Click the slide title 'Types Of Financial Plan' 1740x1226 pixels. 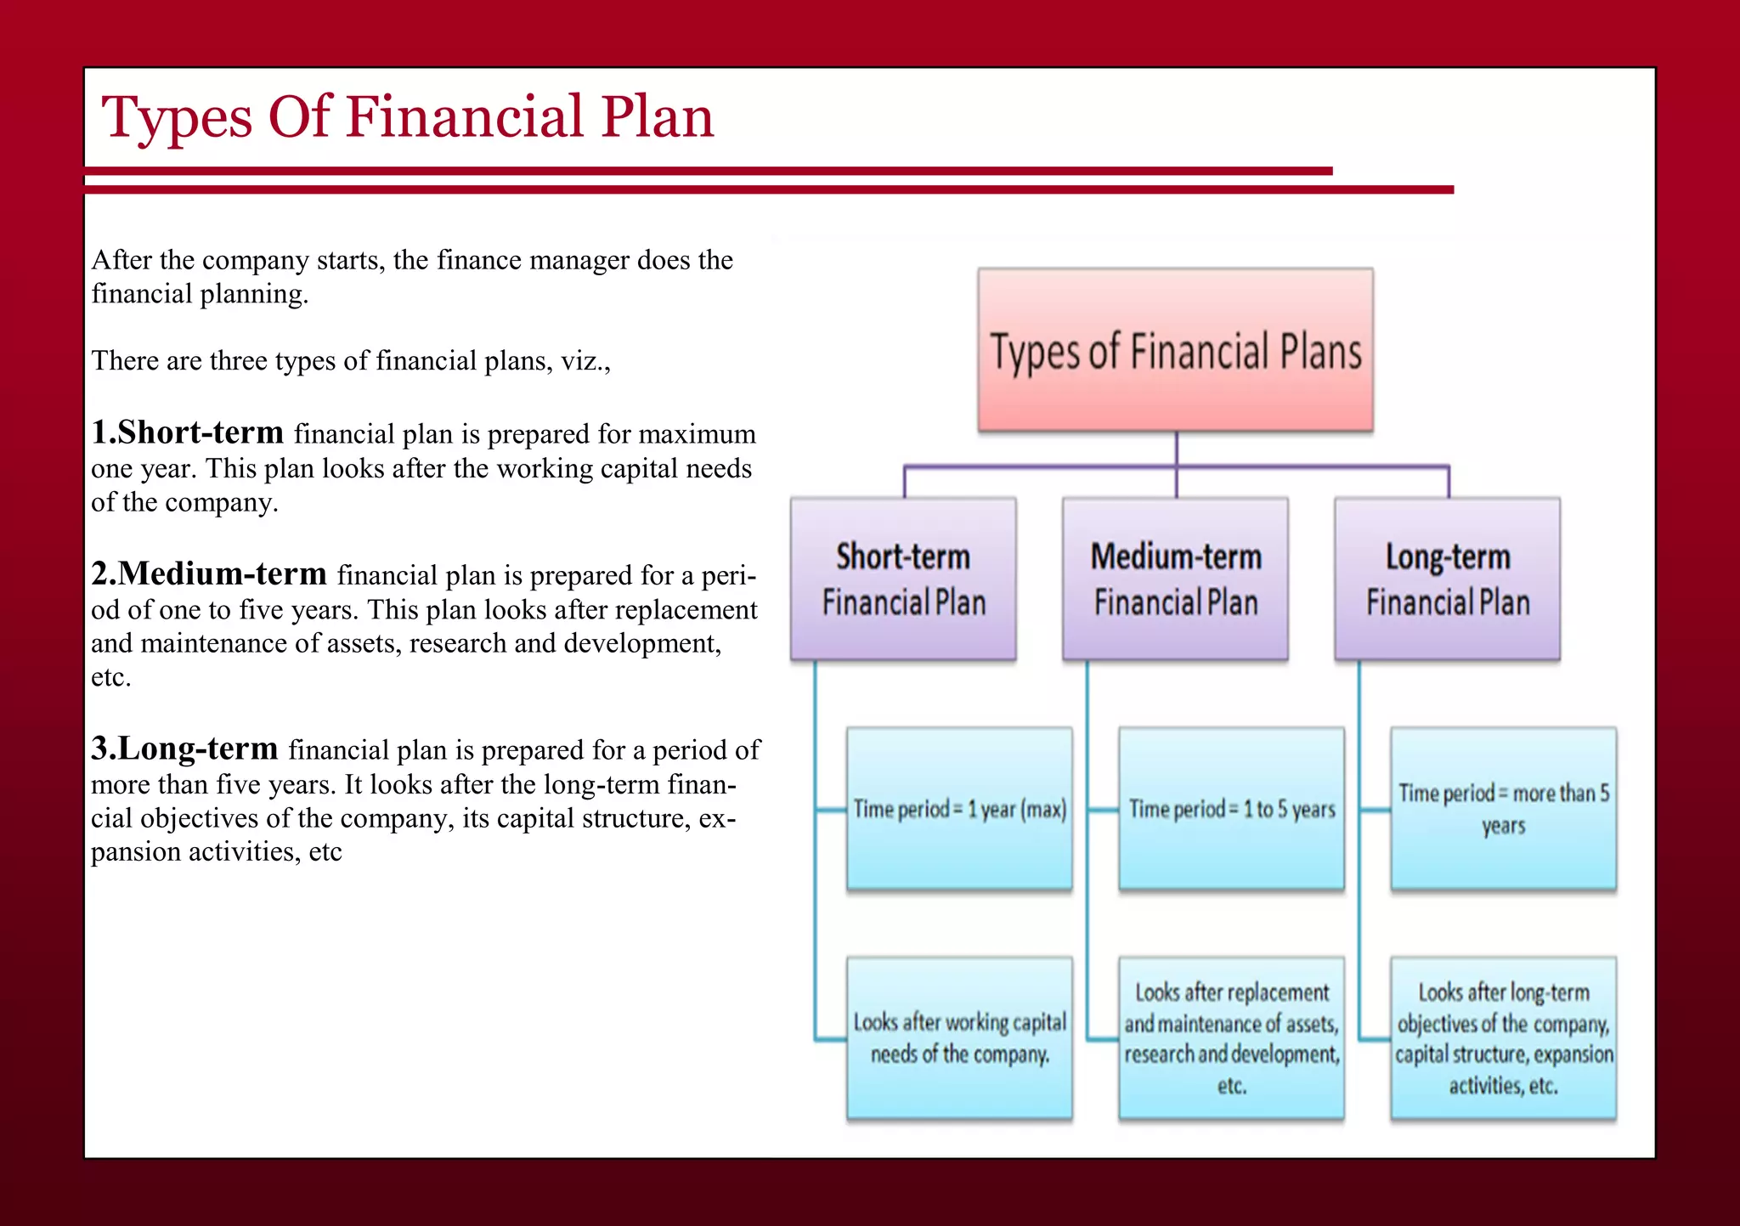click(x=408, y=117)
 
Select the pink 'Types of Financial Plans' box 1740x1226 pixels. click(x=1175, y=350)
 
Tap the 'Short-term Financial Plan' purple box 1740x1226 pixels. click(x=903, y=579)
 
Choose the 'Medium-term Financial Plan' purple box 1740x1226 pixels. click(x=1175, y=579)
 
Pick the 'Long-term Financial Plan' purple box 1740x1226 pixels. click(x=1447, y=579)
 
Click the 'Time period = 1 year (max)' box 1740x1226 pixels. click(x=959, y=809)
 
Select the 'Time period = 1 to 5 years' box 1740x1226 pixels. click(x=1231, y=809)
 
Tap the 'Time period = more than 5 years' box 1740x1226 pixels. click(x=1503, y=809)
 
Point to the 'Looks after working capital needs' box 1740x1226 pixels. click(x=959, y=1037)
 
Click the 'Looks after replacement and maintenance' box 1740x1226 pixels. click(x=1231, y=1037)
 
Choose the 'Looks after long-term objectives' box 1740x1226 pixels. click(x=1503, y=1037)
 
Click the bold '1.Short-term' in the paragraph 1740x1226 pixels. click(x=187, y=432)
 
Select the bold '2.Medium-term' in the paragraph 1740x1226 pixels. click(x=208, y=573)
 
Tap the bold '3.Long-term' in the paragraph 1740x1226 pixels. click(x=184, y=749)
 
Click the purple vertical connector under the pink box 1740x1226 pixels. click(x=1176, y=449)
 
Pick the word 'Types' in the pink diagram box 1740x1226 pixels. click(x=1035, y=353)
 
